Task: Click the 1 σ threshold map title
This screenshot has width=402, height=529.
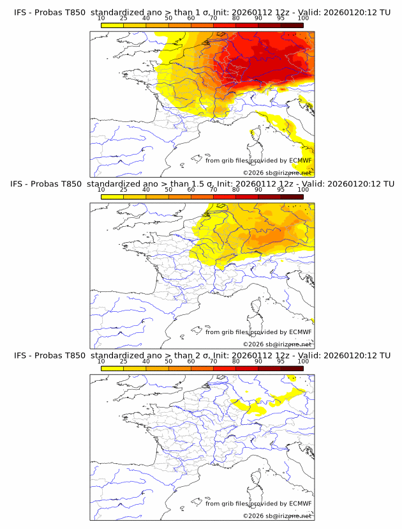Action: coord(202,13)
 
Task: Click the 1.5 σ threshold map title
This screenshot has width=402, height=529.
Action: coord(202,184)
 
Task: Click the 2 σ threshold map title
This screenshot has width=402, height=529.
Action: coord(202,355)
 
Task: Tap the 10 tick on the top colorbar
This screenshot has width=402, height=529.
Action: coord(101,19)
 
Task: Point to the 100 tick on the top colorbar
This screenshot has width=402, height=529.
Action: coord(303,19)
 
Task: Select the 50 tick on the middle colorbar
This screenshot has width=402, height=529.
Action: coord(168,190)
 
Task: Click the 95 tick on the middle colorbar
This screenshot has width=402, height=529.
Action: coord(281,190)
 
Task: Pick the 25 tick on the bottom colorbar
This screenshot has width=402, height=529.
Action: coord(124,362)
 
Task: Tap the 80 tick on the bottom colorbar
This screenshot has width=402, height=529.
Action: coord(236,362)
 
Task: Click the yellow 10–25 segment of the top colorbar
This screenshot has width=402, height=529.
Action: coord(112,25)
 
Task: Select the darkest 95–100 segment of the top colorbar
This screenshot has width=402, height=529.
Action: coord(292,25)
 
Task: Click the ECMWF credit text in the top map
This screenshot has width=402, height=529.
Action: coord(258,160)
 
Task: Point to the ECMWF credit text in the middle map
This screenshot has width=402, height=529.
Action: coord(258,332)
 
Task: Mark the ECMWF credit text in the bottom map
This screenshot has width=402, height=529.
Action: coord(258,503)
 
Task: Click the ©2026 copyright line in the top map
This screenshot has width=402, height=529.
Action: coord(277,172)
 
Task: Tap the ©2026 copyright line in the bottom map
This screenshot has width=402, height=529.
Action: coord(277,516)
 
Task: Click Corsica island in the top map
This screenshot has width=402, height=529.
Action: coord(253,136)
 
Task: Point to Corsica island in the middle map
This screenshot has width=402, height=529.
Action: coord(253,307)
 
